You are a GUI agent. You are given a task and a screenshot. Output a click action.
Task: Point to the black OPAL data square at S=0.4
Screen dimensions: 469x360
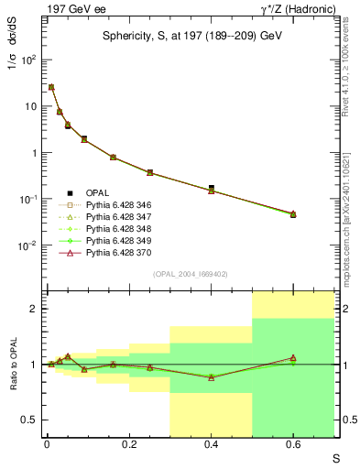click(212, 187)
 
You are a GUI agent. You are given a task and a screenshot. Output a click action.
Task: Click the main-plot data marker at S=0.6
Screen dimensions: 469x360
click(293, 213)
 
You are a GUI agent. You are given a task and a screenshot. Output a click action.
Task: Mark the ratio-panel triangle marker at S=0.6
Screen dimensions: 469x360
click(293, 358)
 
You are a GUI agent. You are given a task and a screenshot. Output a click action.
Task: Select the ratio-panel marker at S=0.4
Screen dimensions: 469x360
click(212, 377)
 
